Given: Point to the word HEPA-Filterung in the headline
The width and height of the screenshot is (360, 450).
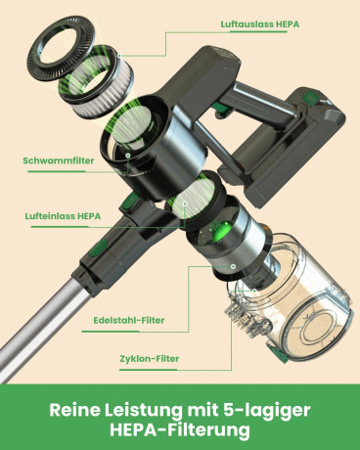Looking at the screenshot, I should pos(180,430).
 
